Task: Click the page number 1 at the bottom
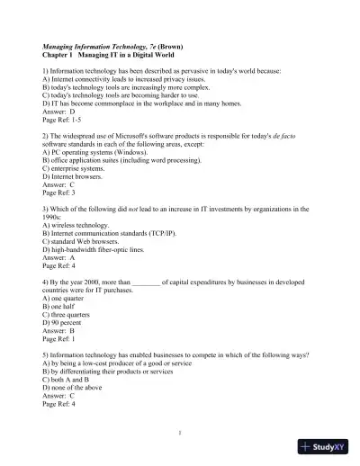click(180, 433)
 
